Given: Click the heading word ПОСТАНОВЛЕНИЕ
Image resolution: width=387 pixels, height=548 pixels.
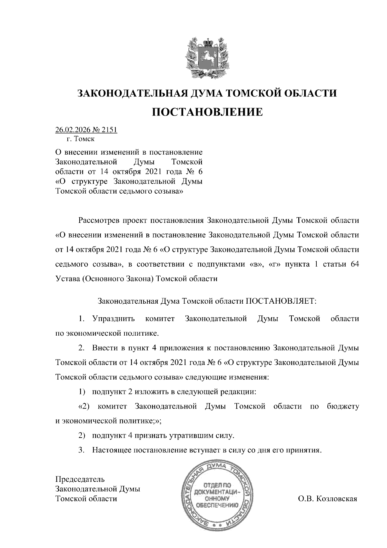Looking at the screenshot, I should pos(207,112).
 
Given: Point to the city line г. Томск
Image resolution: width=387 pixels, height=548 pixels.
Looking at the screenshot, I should pos(81,139).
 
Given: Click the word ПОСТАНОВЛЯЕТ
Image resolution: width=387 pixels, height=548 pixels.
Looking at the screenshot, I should pos(282,301).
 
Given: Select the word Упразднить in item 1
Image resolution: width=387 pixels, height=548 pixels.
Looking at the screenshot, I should pos(114,319).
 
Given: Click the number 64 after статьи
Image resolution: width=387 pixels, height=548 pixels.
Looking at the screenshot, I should pos(354,264).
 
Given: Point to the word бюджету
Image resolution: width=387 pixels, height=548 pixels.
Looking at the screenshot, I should pos(343,406).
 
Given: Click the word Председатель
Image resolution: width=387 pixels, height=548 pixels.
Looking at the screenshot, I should pos(80,479).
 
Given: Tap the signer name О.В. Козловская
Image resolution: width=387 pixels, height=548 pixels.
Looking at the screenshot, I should pos(327,499).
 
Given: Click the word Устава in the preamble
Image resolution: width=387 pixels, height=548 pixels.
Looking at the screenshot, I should pos(67,279).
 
